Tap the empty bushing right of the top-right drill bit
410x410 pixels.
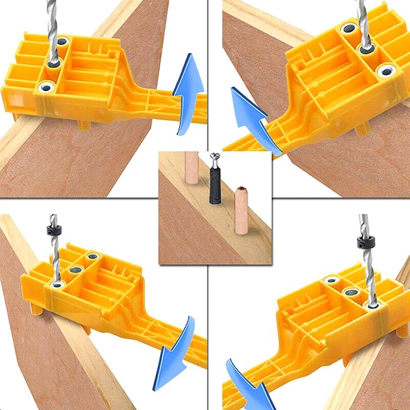(x=385, y=70)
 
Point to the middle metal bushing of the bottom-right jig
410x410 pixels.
(x=351, y=293)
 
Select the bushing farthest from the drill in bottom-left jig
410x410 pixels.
(x=92, y=256)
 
